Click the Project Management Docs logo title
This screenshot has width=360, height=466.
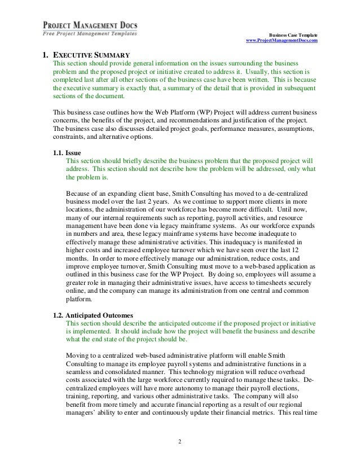[90, 25]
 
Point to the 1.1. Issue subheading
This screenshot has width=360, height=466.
[66, 152]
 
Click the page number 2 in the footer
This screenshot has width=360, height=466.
[179, 441]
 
